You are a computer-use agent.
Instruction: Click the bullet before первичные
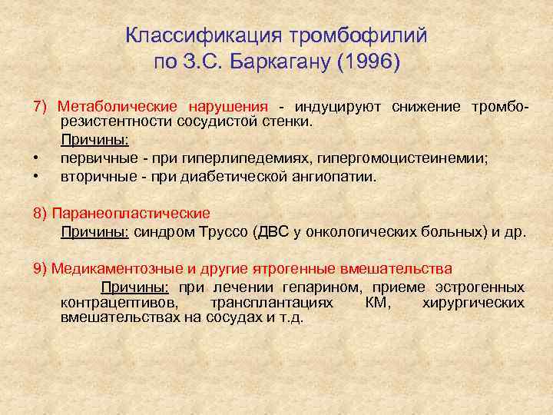pos(35,159)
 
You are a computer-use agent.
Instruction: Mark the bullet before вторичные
pos(35,177)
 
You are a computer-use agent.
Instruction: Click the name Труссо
pos(223,231)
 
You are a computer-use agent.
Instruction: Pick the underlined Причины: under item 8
pos(94,231)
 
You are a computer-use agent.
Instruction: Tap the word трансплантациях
pos(272,302)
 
